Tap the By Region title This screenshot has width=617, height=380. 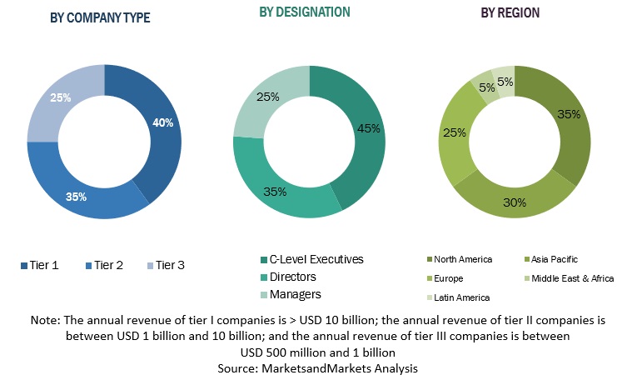click(510, 12)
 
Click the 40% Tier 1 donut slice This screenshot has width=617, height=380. click(161, 125)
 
